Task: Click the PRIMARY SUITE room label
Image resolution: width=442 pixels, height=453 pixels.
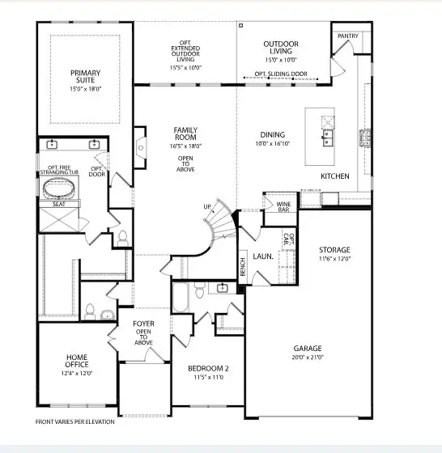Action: [84, 78]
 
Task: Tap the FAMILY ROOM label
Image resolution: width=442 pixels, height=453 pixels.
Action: [187, 134]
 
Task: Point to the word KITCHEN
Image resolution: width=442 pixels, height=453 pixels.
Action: [334, 176]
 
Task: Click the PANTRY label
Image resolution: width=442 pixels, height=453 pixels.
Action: [347, 36]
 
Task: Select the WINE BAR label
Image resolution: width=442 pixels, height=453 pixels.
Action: [283, 206]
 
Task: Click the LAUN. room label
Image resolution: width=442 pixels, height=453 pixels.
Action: [262, 256]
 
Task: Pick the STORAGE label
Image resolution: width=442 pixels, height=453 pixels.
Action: [334, 250]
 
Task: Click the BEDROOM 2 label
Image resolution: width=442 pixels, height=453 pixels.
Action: [208, 369]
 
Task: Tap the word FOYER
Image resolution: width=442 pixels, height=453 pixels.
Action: [143, 324]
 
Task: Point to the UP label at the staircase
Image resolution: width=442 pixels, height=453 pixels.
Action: [208, 208]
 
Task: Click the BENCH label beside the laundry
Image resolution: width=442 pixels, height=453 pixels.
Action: [242, 266]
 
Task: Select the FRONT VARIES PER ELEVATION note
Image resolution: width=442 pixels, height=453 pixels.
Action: [75, 421]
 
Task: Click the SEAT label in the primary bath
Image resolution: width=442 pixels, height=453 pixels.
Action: [59, 205]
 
